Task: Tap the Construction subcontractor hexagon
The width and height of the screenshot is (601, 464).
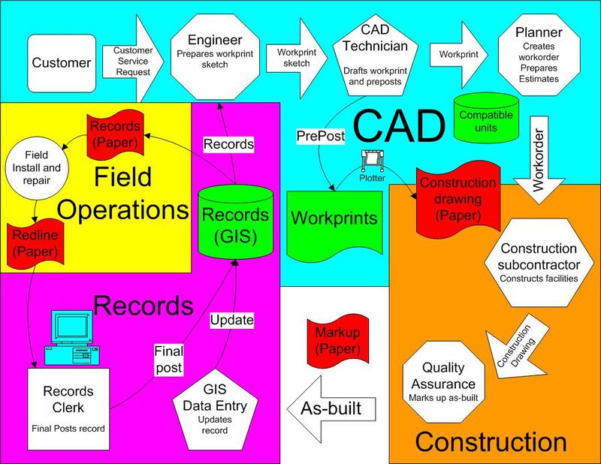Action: (539, 263)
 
